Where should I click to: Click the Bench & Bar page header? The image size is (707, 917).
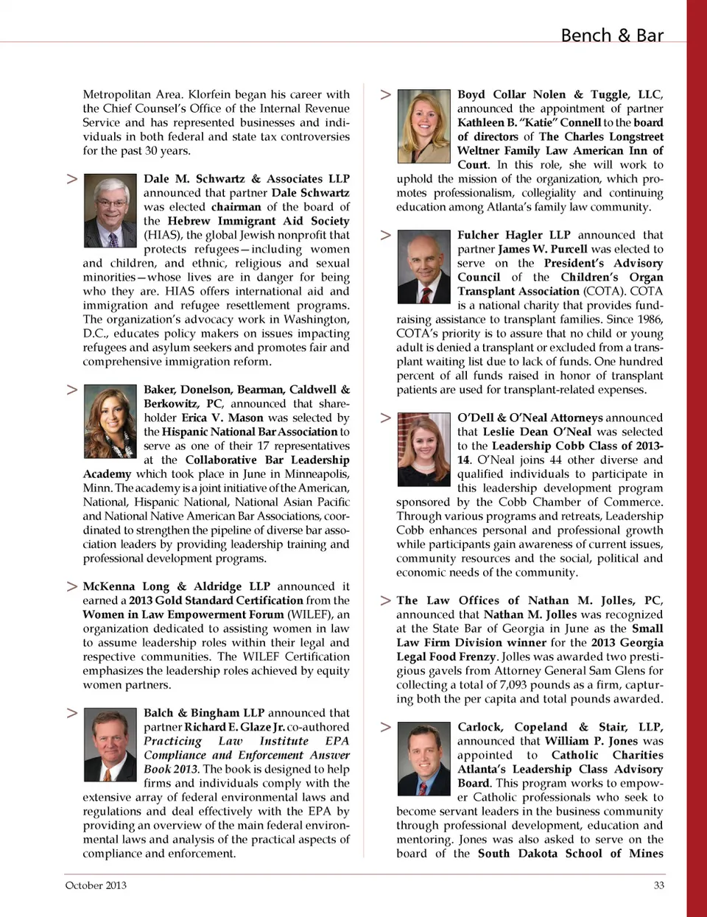click(611, 35)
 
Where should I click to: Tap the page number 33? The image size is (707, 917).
click(658, 885)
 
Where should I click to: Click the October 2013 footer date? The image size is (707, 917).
click(96, 885)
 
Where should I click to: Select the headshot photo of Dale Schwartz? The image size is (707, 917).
click(110, 211)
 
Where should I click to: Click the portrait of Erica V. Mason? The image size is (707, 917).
click(110, 421)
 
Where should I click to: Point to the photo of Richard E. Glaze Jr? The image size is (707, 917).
click(110, 745)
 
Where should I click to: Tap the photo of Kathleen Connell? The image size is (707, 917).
click(423, 126)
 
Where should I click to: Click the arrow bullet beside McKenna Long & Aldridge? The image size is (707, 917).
click(72, 586)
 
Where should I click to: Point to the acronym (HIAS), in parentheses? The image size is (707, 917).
click(163, 235)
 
